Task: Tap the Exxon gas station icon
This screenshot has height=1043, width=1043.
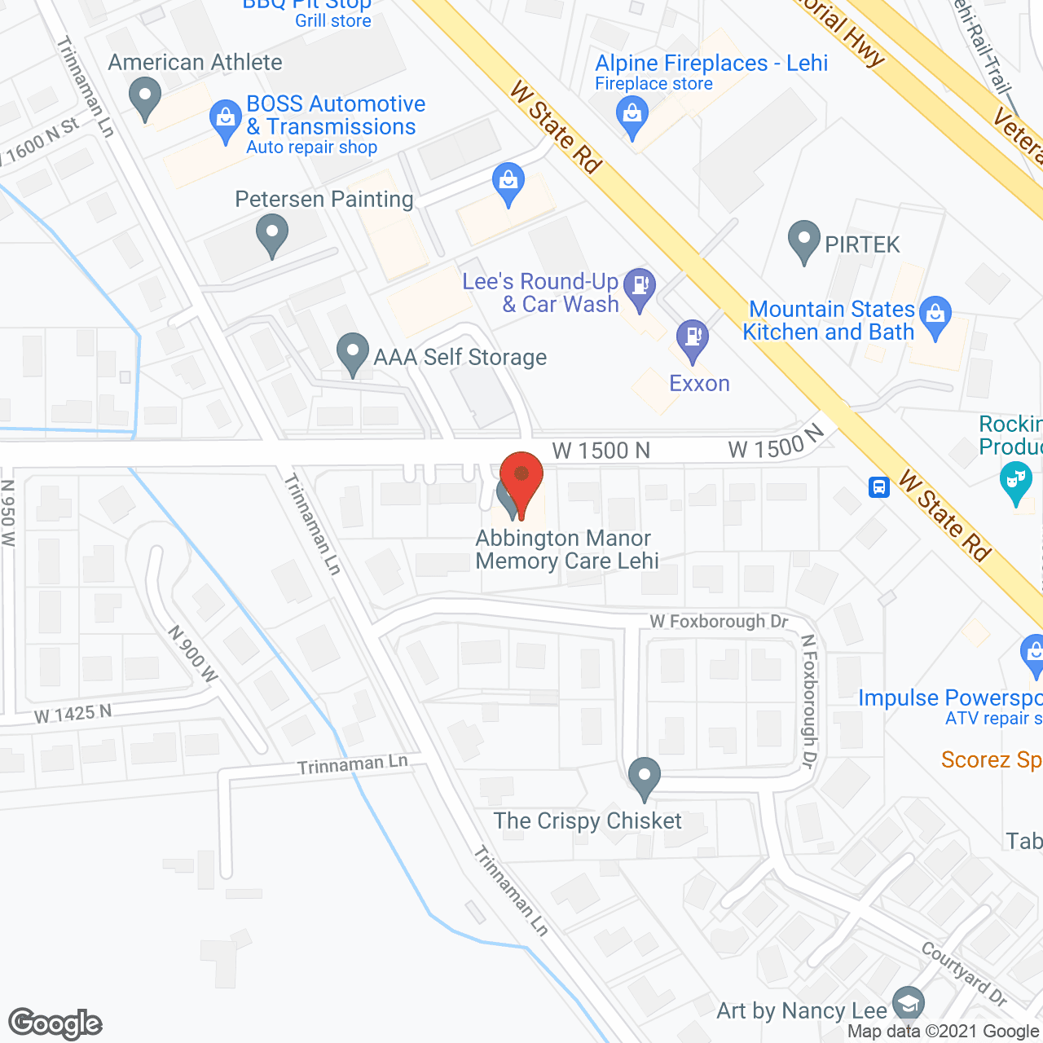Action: [x=693, y=338]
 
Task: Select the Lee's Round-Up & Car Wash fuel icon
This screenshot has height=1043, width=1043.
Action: [x=640, y=286]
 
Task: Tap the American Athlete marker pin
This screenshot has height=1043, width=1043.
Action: [x=145, y=97]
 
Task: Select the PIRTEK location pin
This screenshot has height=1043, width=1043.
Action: [x=804, y=240]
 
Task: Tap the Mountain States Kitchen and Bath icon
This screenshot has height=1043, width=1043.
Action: [x=935, y=315]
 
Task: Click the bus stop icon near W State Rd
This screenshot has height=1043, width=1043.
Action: [x=878, y=487]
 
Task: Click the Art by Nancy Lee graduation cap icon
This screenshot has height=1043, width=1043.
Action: [x=908, y=1004]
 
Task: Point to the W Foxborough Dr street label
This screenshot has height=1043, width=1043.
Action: [x=719, y=622]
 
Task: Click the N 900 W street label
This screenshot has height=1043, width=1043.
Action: [x=193, y=654]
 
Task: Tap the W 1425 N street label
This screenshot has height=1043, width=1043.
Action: [x=73, y=714]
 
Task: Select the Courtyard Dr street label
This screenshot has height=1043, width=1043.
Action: [x=964, y=974]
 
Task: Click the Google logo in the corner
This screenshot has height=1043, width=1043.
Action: [x=55, y=1023]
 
